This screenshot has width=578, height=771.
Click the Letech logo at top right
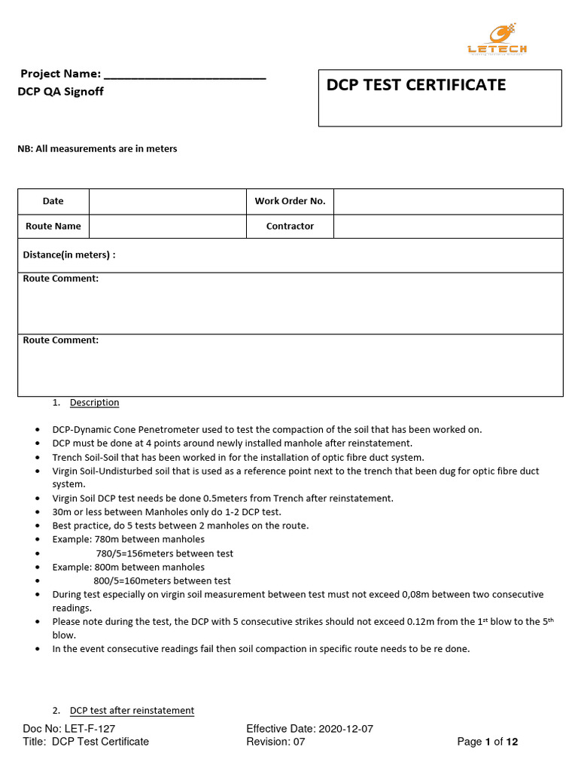click(497, 39)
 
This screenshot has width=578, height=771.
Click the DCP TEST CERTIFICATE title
click(415, 85)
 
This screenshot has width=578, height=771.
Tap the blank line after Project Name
click(184, 75)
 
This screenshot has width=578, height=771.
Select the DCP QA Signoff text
click(60, 91)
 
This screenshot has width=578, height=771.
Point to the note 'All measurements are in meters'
click(97, 149)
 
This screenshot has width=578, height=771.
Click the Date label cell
click(53, 201)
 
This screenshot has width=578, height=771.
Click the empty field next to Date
click(167, 201)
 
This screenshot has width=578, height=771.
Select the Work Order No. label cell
click(290, 201)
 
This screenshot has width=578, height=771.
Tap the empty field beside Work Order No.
click(448, 201)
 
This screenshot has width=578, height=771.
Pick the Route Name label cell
click(53, 226)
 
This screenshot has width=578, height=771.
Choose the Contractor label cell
click(290, 226)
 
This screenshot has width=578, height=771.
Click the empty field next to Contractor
click(448, 226)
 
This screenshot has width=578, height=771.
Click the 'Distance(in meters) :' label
click(69, 255)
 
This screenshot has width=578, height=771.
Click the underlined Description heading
click(94, 403)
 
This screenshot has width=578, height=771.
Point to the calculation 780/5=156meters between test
click(164, 553)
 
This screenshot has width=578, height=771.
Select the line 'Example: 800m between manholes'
click(128, 567)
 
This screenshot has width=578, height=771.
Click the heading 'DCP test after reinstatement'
click(132, 711)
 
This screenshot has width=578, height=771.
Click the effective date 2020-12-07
click(346, 729)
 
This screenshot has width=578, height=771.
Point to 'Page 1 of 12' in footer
click(488, 742)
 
